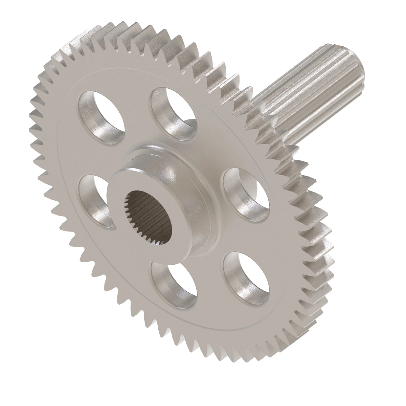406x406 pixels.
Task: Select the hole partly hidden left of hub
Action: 93,200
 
